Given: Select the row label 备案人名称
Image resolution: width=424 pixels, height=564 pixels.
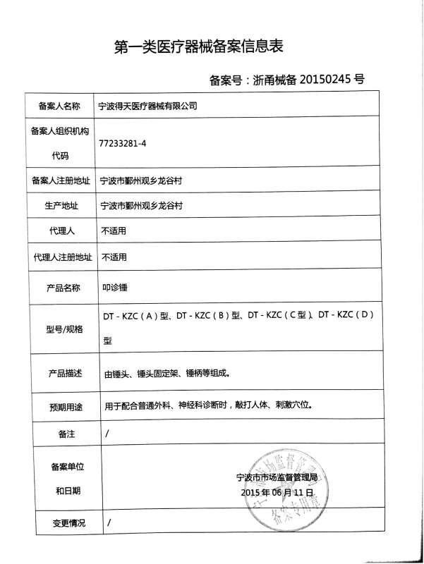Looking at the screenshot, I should (56, 106).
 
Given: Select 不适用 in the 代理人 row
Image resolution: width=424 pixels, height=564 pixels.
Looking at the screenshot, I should (114, 231).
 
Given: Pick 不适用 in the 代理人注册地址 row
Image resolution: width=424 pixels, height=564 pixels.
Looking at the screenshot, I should (114, 257).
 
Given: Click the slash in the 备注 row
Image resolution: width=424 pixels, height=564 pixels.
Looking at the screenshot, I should (107, 434).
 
